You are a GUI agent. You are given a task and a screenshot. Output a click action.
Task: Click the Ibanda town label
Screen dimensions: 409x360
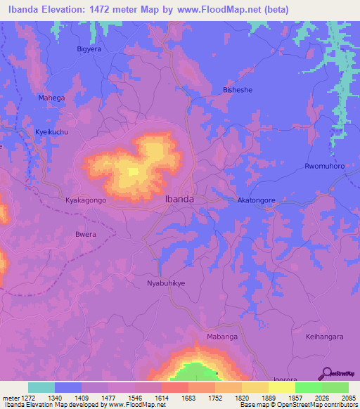click(x=179, y=199)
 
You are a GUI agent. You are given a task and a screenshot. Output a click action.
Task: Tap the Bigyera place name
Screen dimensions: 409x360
click(x=89, y=49)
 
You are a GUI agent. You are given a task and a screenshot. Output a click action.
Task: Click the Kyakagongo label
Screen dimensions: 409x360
click(x=85, y=200)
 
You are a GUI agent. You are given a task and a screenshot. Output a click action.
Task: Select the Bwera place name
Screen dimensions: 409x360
click(x=85, y=235)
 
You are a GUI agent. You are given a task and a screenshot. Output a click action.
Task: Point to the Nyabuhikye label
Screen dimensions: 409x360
click(x=166, y=283)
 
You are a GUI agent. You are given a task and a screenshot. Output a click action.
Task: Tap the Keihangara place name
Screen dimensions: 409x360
click(x=324, y=337)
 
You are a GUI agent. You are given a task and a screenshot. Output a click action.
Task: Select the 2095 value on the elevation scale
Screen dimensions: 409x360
click(x=349, y=397)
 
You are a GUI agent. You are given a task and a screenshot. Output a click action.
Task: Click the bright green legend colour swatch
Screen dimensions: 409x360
click(x=309, y=387)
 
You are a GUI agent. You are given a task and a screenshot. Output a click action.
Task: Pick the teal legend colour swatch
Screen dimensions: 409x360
click(x=41, y=387)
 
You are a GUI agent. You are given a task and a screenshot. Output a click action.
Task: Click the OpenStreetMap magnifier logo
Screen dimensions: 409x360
click(x=326, y=373)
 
